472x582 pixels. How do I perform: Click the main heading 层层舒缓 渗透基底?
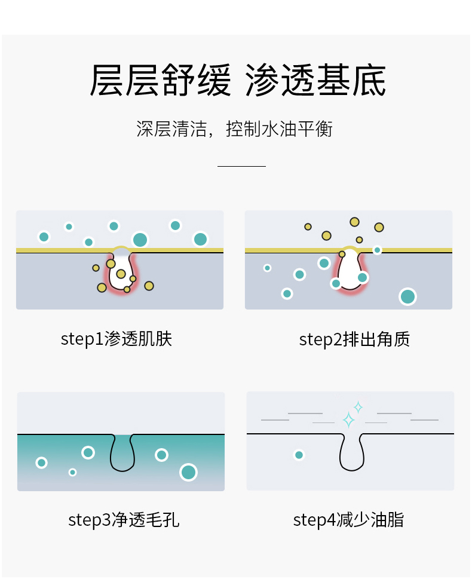pyautogui.click(x=237, y=81)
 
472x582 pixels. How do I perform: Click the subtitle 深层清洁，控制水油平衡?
pyautogui.click(x=235, y=129)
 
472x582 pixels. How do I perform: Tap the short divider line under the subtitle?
pyautogui.click(x=241, y=166)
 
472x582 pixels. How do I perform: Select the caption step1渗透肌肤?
pyautogui.click(x=117, y=339)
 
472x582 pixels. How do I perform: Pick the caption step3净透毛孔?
pyautogui.click(x=124, y=520)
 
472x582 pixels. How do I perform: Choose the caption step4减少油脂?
pyautogui.click(x=348, y=520)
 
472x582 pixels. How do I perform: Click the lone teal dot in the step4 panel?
pyautogui.click(x=299, y=455)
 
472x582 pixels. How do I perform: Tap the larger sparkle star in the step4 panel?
pyautogui.click(x=348, y=420)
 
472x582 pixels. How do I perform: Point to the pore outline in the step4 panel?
pyautogui.click(x=351, y=454)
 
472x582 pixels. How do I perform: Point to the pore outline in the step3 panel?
pyautogui.click(x=122, y=454)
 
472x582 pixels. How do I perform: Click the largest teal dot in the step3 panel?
pyautogui.click(x=189, y=472)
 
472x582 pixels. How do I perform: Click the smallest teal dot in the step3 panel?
pyautogui.click(x=73, y=472)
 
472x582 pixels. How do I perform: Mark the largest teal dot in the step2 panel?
pyautogui.click(x=407, y=296)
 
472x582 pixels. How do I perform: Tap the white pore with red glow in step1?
pyautogui.click(x=121, y=272)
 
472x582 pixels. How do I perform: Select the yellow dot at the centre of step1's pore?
pyautogui.click(x=121, y=274)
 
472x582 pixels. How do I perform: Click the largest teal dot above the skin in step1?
pyautogui.click(x=140, y=240)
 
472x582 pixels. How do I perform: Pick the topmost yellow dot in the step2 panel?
pyautogui.click(x=355, y=222)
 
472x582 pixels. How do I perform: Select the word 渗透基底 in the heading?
pyautogui.click(x=316, y=81)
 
